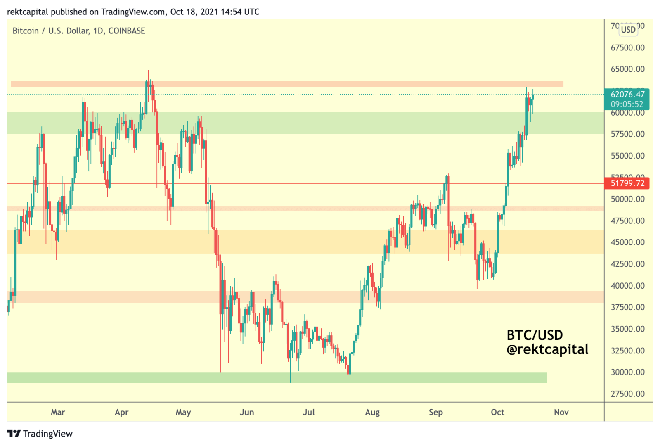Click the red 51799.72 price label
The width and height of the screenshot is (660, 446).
point(627,183)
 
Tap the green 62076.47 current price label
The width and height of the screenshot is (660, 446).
point(627,95)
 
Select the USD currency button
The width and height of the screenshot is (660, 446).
point(628,30)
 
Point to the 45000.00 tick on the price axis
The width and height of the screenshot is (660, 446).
point(627,242)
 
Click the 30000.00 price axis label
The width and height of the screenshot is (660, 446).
point(627,372)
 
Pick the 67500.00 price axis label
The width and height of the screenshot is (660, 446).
point(627,48)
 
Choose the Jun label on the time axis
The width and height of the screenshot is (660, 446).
point(247,412)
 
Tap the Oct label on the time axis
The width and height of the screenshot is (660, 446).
point(497,412)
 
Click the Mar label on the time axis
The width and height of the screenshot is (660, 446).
point(58,412)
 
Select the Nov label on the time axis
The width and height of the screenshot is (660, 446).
point(561,412)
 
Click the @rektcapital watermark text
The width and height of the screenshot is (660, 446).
point(547,350)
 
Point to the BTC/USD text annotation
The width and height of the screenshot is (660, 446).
point(535,335)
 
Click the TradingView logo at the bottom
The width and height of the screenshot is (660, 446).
point(40,434)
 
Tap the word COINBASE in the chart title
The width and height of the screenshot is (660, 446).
point(127,31)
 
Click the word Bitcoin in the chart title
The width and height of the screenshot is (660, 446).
point(26,31)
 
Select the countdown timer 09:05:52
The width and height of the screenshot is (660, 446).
point(627,104)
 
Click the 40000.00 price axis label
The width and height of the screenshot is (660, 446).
point(627,286)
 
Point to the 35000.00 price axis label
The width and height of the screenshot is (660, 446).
point(627,329)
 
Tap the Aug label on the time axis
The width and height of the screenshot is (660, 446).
point(372,412)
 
